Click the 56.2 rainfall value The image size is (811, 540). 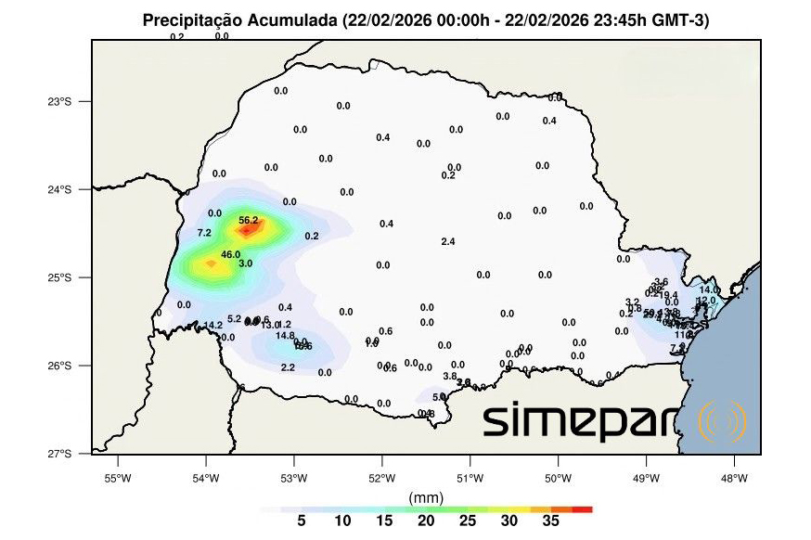point(249,220)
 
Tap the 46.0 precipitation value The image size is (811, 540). point(231,254)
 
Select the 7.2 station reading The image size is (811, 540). point(204,232)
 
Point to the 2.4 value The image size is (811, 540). point(448,241)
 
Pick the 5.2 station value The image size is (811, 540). point(234,318)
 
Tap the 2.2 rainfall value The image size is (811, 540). point(288,367)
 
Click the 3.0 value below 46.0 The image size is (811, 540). point(246,264)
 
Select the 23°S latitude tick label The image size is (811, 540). point(59,101)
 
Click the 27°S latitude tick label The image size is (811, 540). point(59,454)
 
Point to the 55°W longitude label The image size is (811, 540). point(117,479)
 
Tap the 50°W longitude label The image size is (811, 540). point(558,479)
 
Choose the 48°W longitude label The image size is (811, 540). point(734,479)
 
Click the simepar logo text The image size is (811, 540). point(586,422)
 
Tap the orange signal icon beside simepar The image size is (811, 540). point(722,423)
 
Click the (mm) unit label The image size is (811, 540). point(427,497)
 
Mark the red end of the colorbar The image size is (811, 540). point(583,509)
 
